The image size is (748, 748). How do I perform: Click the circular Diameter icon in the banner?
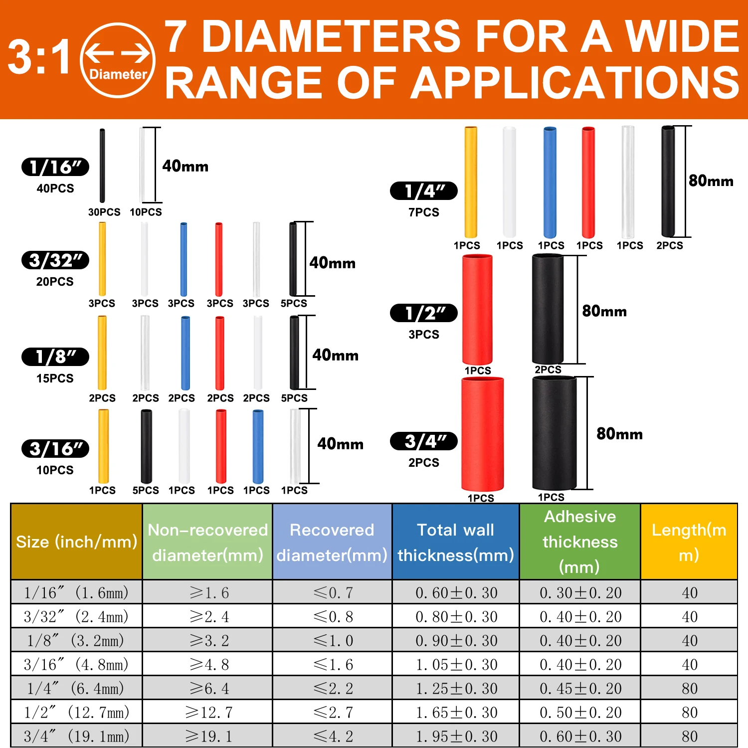pos(118,60)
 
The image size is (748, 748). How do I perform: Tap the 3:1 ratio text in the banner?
pos(39,57)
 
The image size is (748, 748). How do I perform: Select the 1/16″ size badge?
pos(55,167)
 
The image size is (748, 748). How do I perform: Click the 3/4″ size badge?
pos(423,441)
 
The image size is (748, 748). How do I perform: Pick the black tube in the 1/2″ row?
pos(548,309)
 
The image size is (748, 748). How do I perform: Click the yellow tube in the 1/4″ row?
pos(471,182)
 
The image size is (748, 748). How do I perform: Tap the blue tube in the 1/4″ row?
pos(550,182)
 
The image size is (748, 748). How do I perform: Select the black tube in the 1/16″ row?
pos(102,166)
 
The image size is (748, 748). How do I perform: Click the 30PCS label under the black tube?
pos(104,212)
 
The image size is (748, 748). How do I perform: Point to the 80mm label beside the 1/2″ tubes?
pos(604,311)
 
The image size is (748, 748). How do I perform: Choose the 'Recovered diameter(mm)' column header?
pos(332,542)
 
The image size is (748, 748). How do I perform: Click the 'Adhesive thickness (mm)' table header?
pos(580,542)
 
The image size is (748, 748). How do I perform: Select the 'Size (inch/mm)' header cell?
pos(76,542)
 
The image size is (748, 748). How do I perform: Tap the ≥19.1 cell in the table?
pos(207,736)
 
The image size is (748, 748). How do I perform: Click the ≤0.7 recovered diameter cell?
pos(333,592)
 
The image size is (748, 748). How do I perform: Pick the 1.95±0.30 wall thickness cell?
pos(456,736)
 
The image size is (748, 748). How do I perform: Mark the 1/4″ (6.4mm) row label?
pos(76,689)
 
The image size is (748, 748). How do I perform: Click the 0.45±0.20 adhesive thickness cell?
pos(580,689)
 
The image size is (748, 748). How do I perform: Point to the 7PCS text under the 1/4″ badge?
pos(424,212)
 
